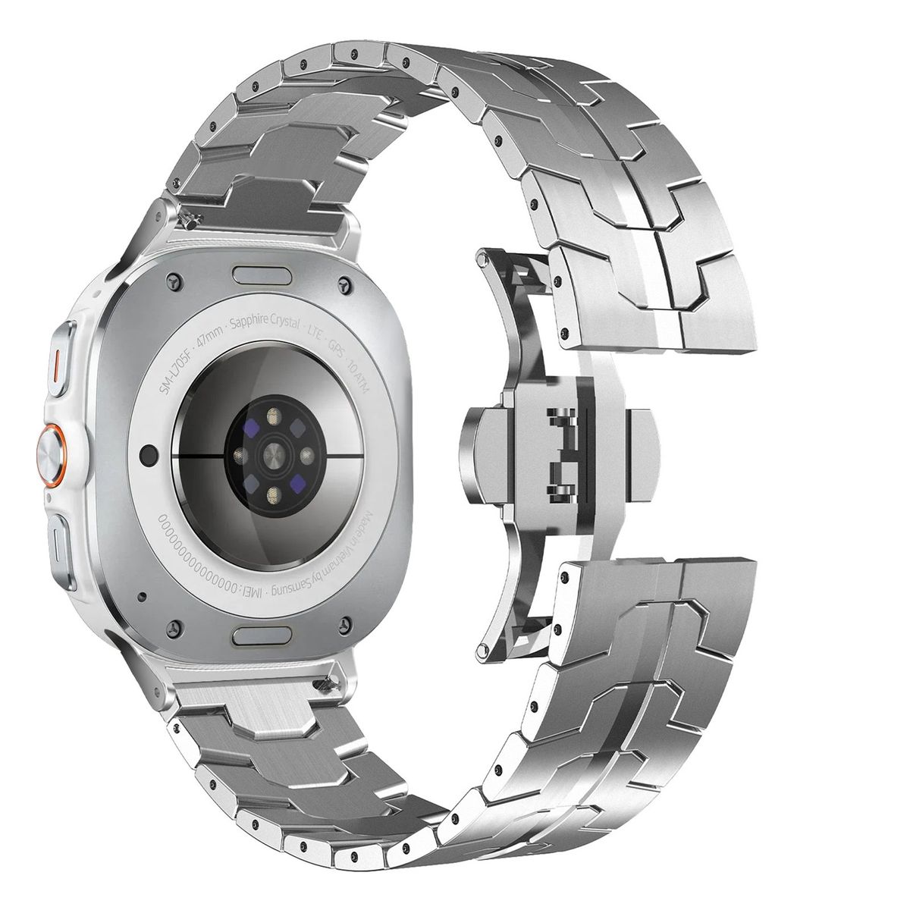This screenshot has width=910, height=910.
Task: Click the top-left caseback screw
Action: pyautogui.click(x=175, y=281)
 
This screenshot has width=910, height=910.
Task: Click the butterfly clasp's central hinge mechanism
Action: pyautogui.click(x=561, y=454)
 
